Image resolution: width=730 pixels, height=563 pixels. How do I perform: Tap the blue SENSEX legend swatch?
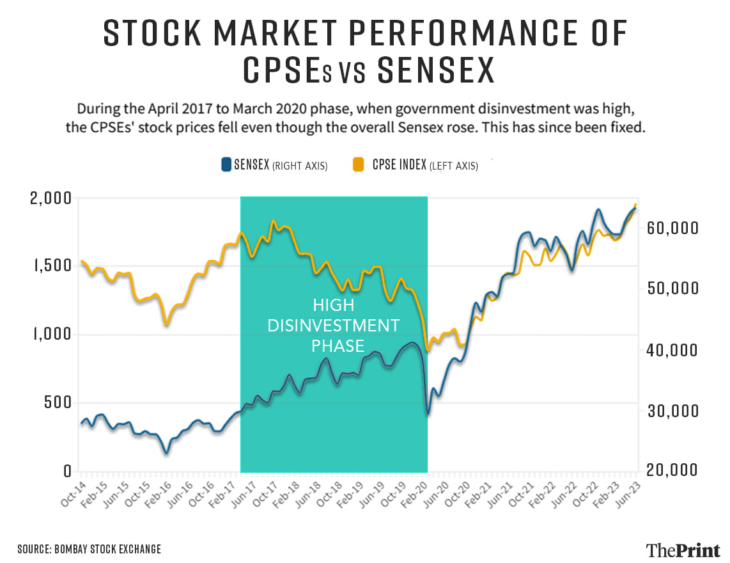pyautogui.click(x=226, y=165)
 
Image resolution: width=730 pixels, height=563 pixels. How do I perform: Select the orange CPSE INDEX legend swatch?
pyautogui.click(x=359, y=165)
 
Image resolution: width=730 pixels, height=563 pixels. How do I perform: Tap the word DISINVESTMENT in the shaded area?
pyautogui.click(x=333, y=326)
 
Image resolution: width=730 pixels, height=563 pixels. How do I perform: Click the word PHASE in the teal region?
pyautogui.click(x=338, y=347)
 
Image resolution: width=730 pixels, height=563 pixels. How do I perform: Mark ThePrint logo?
pyautogui.click(x=683, y=549)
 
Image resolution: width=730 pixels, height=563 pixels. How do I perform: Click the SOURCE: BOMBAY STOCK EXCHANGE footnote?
pyautogui.click(x=89, y=549)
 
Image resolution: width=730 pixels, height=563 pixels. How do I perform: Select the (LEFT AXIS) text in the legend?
pyautogui.click(x=453, y=166)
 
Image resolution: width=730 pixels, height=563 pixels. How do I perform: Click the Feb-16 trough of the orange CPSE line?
pyautogui.click(x=167, y=324)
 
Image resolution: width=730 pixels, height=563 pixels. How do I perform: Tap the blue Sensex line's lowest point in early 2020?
pyautogui.click(x=428, y=414)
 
